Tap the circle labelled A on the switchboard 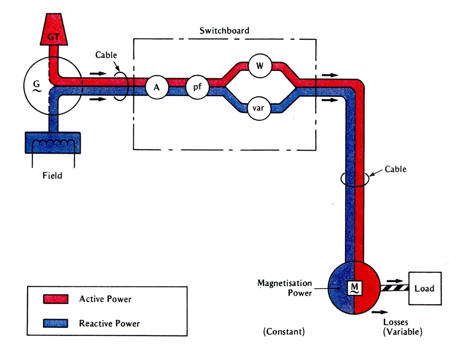tap(157, 87)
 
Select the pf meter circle tap(197, 87)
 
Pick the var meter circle tap(258, 108)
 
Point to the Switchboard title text tap(224, 30)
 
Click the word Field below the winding tap(52, 175)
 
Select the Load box tap(425, 288)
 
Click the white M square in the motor tap(354, 288)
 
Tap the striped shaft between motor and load tap(394, 288)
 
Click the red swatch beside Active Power tap(56, 299)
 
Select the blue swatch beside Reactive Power tap(56, 323)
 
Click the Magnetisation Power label tap(285, 288)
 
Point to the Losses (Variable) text tap(402, 327)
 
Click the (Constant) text tap(284, 332)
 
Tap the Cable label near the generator tap(106, 55)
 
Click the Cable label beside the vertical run tap(395, 169)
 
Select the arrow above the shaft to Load tap(395, 281)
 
